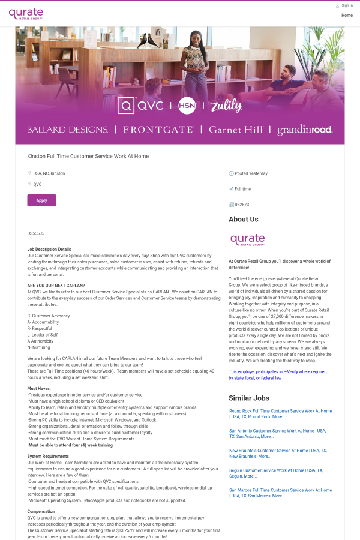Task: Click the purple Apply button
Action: pos(41,200)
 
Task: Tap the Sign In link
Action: pos(347,5)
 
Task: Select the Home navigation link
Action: pos(347,15)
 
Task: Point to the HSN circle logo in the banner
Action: pos(187,106)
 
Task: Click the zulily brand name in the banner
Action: pos(226,106)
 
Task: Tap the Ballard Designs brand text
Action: pos(67,130)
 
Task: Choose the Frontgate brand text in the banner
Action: pos(158,130)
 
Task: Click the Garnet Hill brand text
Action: pos(236,130)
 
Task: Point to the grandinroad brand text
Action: pos(304,130)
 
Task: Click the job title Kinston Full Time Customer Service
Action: pos(88,156)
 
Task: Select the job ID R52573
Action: pos(242,205)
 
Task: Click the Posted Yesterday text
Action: pos(251,173)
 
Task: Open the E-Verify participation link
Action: pos(277,375)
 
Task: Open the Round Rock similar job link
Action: pos(280,414)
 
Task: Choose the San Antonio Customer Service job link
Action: pos(277,433)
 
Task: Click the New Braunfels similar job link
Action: pos(277,453)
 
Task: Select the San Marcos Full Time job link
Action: pos(280,493)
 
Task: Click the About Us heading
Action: pos(244,220)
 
